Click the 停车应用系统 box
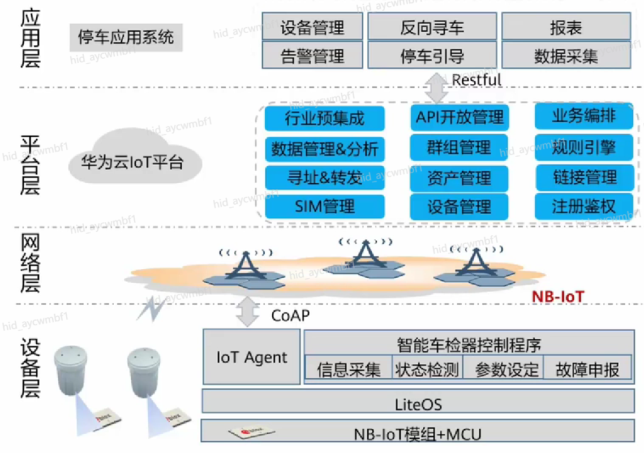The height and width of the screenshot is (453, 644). [x=126, y=38]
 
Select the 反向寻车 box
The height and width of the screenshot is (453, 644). [x=432, y=27]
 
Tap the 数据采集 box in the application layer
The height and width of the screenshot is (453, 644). [x=565, y=55]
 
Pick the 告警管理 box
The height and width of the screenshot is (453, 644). [x=312, y=55]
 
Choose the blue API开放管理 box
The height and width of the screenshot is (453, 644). [x=459, y=118]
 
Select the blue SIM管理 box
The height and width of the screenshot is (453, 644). [x=324, y=206]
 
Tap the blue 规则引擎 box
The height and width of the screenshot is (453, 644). [x=584, y=148]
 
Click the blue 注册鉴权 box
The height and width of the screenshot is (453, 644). [x=584, y=206]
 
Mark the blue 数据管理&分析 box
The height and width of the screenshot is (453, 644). [x=324, y=148]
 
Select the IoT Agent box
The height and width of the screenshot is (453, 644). [x=252, y=357]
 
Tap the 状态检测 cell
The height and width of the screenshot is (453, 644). [x=427, y=369]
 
